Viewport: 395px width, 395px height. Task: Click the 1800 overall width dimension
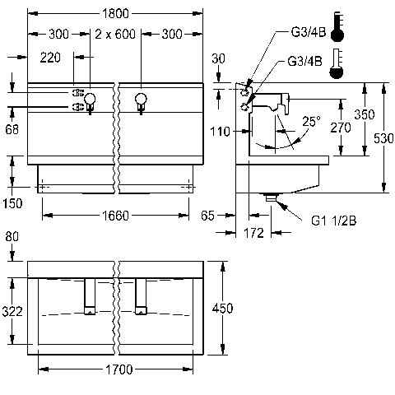click(115, 13)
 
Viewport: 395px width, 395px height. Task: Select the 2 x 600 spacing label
click(115, 34)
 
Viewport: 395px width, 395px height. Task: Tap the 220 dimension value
click(50, 58)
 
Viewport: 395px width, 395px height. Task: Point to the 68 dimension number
click(12, 129)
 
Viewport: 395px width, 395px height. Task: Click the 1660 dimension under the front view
click(115, 216)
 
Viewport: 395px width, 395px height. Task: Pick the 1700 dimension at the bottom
click(119, 369)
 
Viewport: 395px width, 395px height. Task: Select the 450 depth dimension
click(222, 308)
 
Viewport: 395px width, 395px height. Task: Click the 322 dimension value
click(12, 311)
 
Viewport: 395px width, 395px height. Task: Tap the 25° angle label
click(311, 121)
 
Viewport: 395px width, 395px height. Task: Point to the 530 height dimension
click(383, 138)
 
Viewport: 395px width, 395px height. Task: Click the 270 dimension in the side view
click(341, 128)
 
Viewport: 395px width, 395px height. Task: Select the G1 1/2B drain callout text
click(334, 221)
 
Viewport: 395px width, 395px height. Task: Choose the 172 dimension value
click(253, 233)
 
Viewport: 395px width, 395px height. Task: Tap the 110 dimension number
click(220, 132)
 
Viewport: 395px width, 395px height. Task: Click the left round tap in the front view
click(90, 99)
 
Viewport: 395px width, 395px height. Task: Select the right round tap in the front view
click(141, 99)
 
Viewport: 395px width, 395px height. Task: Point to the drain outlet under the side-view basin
click(271, 197)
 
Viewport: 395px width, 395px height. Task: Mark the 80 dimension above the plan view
click(12, 236)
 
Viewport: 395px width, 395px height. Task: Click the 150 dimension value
click(12, 203)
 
